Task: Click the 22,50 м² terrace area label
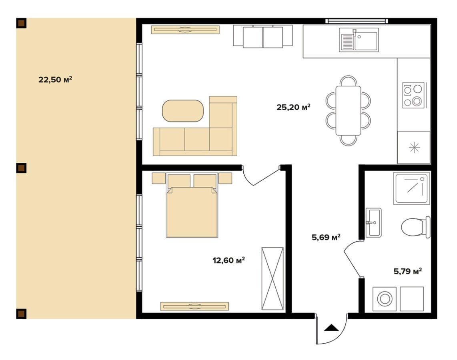[x=55, y=79]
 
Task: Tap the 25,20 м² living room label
[x=293, y=107]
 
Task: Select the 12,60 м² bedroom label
[x=228, y=260]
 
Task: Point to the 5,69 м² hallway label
[x=326, y=237]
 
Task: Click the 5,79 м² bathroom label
[x=408, y=272]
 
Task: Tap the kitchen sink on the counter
[x=359, y=40]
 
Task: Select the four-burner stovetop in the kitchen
[x=413, y=95]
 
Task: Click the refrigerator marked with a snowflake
[x=414, y=147]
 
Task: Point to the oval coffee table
[x=183, y=111]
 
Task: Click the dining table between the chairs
[x=348, y=111]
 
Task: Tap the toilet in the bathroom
[x=416, y=227]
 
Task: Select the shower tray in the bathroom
[x=411, y=188]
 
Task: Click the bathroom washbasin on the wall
[x=373, y=222]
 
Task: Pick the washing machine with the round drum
[x=385, y=299]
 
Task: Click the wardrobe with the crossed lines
[x=273, y=278]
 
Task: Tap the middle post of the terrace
[x=21, y=168]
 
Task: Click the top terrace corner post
[x=21, y=23]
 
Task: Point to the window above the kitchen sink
[x=357, y=21]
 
